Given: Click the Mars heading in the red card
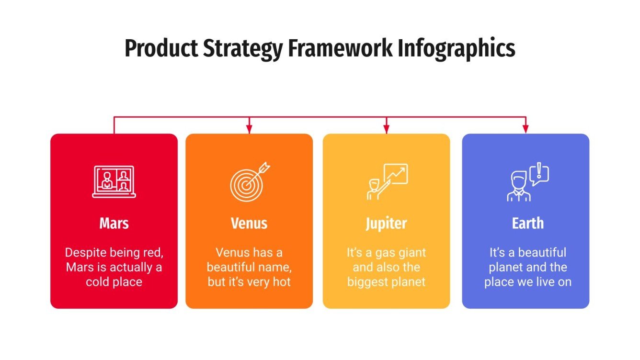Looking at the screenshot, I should click(114, 223).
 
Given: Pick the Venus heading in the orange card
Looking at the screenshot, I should click(249, 223).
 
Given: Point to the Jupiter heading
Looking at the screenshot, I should click(386, 224).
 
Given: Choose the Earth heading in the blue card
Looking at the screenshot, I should click(527, 223).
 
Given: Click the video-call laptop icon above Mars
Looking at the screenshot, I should click(114, 182).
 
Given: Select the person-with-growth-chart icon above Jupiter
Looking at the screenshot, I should click(387, 182).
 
